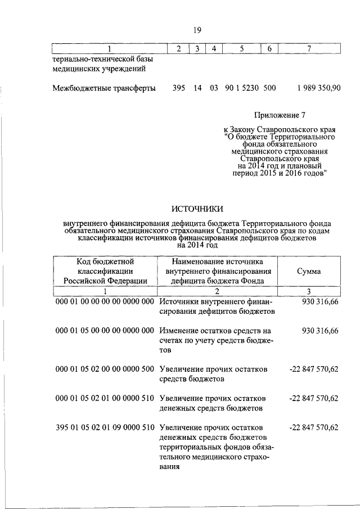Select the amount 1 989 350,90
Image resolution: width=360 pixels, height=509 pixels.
(x=318, y=88)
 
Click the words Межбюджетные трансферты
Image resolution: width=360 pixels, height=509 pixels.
(x=104, y=88)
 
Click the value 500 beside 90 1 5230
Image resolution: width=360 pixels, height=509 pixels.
(x=269, y=88)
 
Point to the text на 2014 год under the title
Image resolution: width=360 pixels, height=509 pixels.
(x=197, y=245)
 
